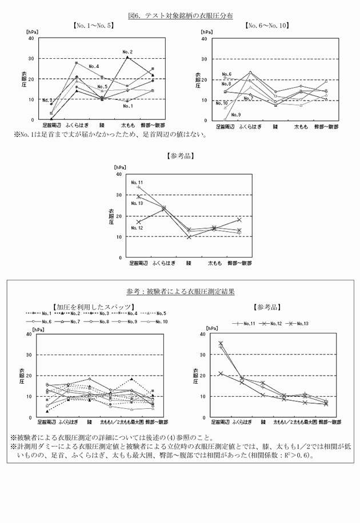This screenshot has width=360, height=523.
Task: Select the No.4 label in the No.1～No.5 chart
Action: tap(94, 67)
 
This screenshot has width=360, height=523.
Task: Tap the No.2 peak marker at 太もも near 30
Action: tap(127, 58)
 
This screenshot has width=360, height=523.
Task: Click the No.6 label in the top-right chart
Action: tap(226, 75)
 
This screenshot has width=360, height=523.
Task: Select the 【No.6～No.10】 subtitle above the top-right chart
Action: tap(266, 26)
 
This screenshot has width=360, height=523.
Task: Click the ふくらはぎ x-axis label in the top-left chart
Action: tap(76, 124)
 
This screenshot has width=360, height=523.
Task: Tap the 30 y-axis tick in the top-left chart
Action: tap(31, 58)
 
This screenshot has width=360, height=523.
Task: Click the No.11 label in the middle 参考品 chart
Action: tap(137, 183)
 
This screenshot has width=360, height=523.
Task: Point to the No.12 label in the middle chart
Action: tap(137, 228)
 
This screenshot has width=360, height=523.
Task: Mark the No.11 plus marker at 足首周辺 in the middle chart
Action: tap(138, 187)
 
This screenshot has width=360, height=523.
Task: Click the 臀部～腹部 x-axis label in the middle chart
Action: tap(239, 263)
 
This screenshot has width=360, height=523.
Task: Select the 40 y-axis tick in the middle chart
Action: tap(119, 174)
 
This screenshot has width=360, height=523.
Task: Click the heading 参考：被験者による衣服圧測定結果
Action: tap(180, 291)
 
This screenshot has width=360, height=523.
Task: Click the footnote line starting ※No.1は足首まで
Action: tap(110, 135)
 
